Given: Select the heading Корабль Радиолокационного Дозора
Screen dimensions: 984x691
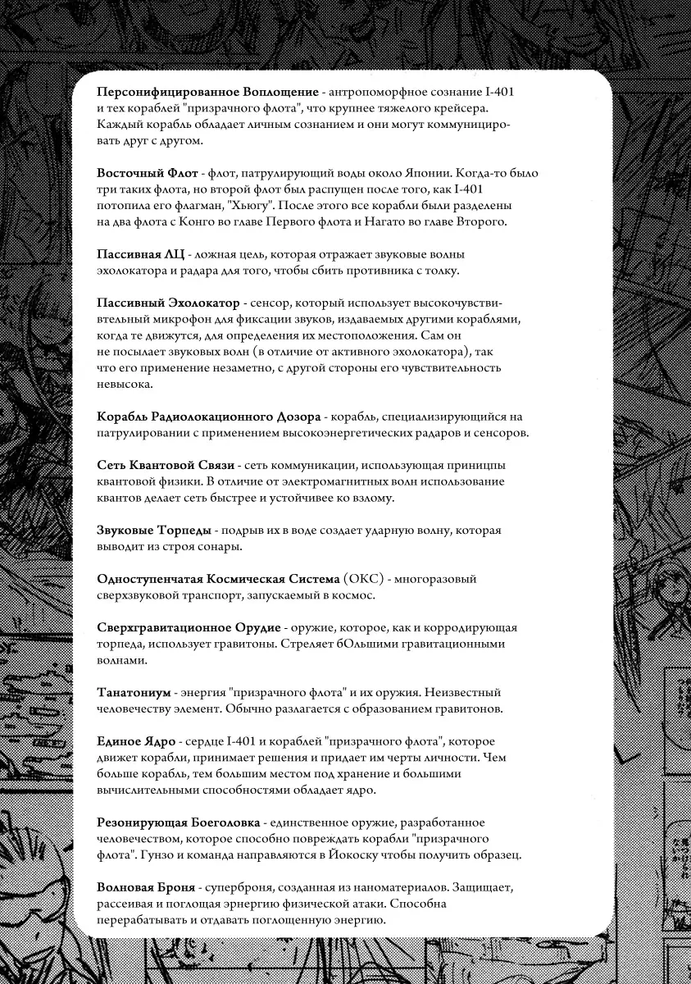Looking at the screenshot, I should pos(209,417).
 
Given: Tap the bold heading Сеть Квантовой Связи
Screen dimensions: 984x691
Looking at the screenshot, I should pos(166,465).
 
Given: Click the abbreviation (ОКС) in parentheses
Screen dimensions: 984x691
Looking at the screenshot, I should pos(361,579).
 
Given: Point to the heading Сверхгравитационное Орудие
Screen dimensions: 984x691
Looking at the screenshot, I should pos(189,627).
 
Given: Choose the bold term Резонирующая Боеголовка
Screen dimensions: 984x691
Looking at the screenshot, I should pos(179,822).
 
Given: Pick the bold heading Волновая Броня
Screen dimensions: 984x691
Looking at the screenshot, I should pos(146,888).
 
